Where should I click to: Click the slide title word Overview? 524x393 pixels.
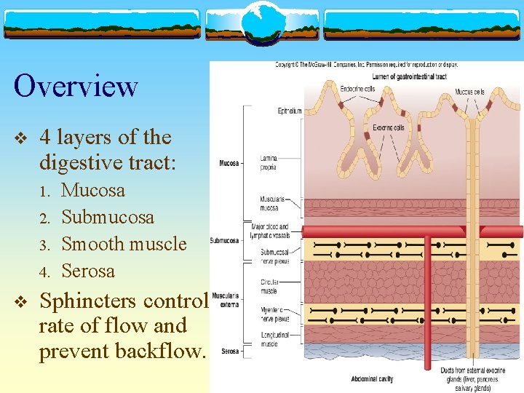pos(76,86)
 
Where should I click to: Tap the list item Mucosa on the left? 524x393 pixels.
pos(93,191)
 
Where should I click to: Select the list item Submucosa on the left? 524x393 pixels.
pos(108,217)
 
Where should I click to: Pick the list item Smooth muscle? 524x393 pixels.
pos(124,244)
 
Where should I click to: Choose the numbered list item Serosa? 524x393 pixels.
pos(88,271)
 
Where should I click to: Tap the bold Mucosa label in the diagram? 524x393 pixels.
pos(231,163)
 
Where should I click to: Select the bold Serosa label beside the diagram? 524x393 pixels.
pos(230,352)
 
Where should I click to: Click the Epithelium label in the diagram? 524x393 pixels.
pos(290,111)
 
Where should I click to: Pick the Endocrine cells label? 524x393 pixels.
pos(358,89)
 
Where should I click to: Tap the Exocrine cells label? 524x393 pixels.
pos(389,128)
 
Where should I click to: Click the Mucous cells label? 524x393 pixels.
pos(469,92)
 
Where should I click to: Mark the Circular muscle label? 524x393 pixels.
pos(268,287)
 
